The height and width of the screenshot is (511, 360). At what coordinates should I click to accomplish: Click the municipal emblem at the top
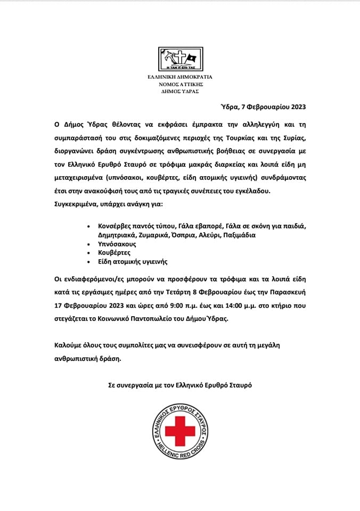[x=179, y=61]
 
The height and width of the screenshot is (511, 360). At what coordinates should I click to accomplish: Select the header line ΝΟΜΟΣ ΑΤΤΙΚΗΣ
[x=180, y=84]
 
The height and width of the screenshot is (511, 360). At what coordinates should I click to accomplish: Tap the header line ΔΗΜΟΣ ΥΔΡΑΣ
[x=180, y=91]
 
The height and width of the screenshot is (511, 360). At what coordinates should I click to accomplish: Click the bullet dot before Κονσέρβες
[x=88, y=226]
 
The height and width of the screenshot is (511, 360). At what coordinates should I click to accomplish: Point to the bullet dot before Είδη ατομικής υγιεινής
[x=88, y=261]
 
